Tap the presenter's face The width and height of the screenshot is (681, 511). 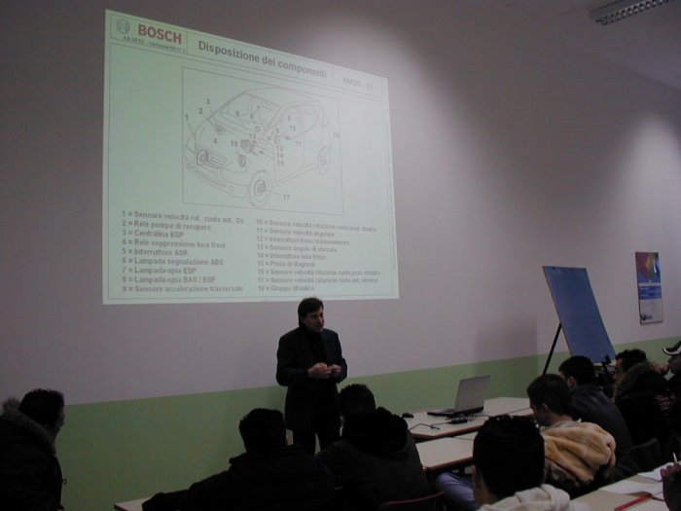(311, 313)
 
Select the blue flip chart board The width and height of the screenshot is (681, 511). (580, 312)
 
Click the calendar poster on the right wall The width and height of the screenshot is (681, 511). (649, 286)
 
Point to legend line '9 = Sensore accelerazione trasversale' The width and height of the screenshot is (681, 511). (183, 289)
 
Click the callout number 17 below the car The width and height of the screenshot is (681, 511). (286, 198)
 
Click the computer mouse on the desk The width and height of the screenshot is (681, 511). (408, 415)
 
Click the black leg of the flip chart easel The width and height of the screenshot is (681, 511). (553, 349)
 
